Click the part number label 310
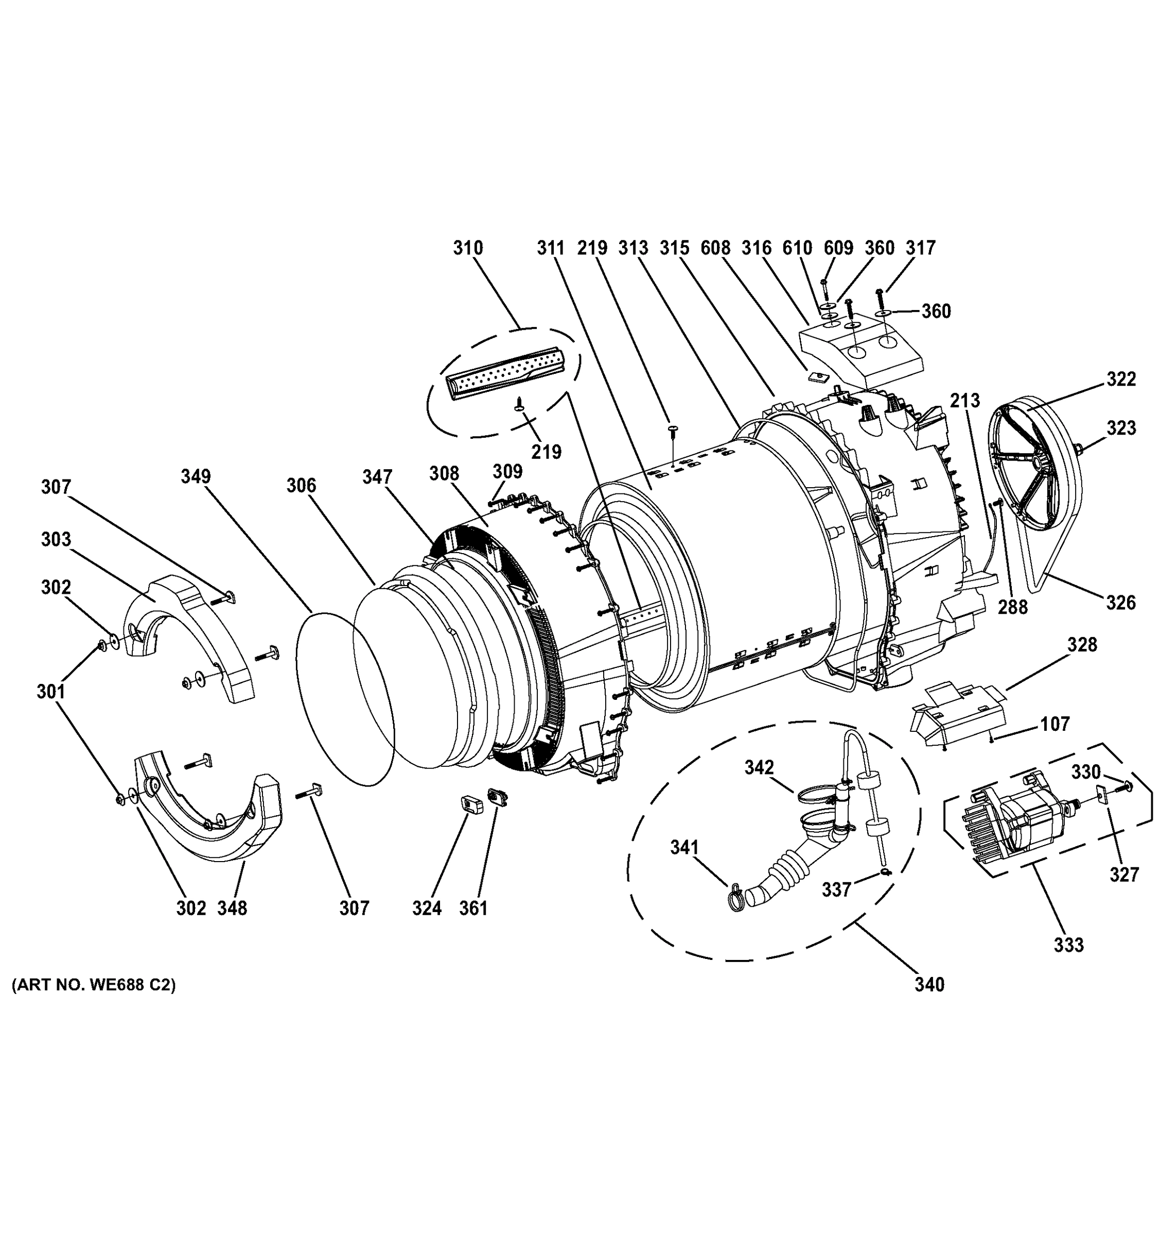click(x=467, y=248)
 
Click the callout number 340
click(x=929, y=1002)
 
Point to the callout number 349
click(x=196, y=477)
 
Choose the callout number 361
click(x=473, y=908)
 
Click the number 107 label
click(x=1055, y=724)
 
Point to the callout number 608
click(x=715, y=248)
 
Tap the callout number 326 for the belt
click(x=1121, y=603)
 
